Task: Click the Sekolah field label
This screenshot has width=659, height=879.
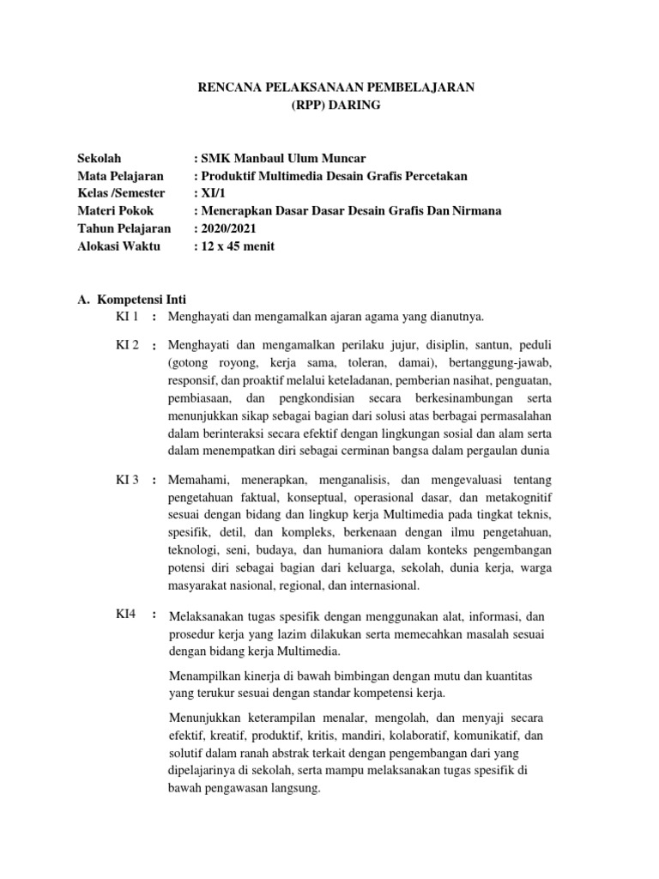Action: [x=100, y=159]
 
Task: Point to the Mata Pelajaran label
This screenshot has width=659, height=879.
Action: [x=120, y=176]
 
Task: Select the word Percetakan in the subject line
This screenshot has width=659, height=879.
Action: [x=433, y=176]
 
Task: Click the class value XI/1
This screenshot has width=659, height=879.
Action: [x=210, y=193]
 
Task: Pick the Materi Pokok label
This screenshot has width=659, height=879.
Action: [x=115, y=211]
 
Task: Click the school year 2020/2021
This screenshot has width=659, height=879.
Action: [x=228, y=228]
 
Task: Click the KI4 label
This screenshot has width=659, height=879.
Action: [x=125, y=615]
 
